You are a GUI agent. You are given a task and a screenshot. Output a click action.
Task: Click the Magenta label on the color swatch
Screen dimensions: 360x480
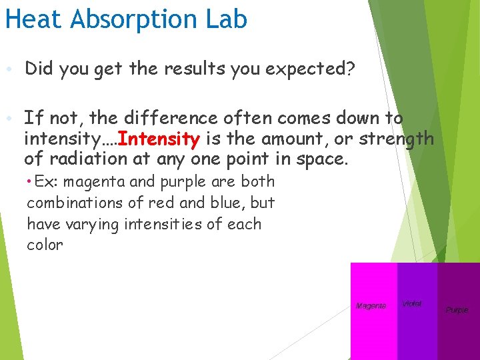[371, 306]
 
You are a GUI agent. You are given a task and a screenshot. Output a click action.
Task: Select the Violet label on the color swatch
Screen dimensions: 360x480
[412, 303]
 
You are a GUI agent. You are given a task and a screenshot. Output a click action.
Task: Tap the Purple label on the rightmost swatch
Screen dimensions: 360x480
[457, 310]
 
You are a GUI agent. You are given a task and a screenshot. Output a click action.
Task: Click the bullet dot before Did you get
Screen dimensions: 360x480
[8, 69]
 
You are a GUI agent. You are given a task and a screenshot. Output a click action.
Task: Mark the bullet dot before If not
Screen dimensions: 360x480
[8, 119]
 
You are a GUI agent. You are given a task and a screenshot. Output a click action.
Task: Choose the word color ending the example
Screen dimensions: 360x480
[45, 245]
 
